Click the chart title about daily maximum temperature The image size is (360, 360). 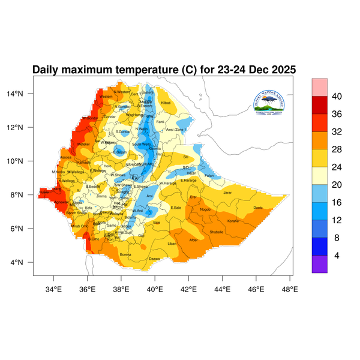164,70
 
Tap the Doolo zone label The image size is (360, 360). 258,208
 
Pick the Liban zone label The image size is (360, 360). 172,244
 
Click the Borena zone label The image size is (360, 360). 125,254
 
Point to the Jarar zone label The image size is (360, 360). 227,193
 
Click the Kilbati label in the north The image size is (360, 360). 166,103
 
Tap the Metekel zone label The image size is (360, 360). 83,144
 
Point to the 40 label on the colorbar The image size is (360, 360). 337,96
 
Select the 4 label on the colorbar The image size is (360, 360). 337,255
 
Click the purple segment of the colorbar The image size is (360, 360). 319,264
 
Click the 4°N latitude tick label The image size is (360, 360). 25,262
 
